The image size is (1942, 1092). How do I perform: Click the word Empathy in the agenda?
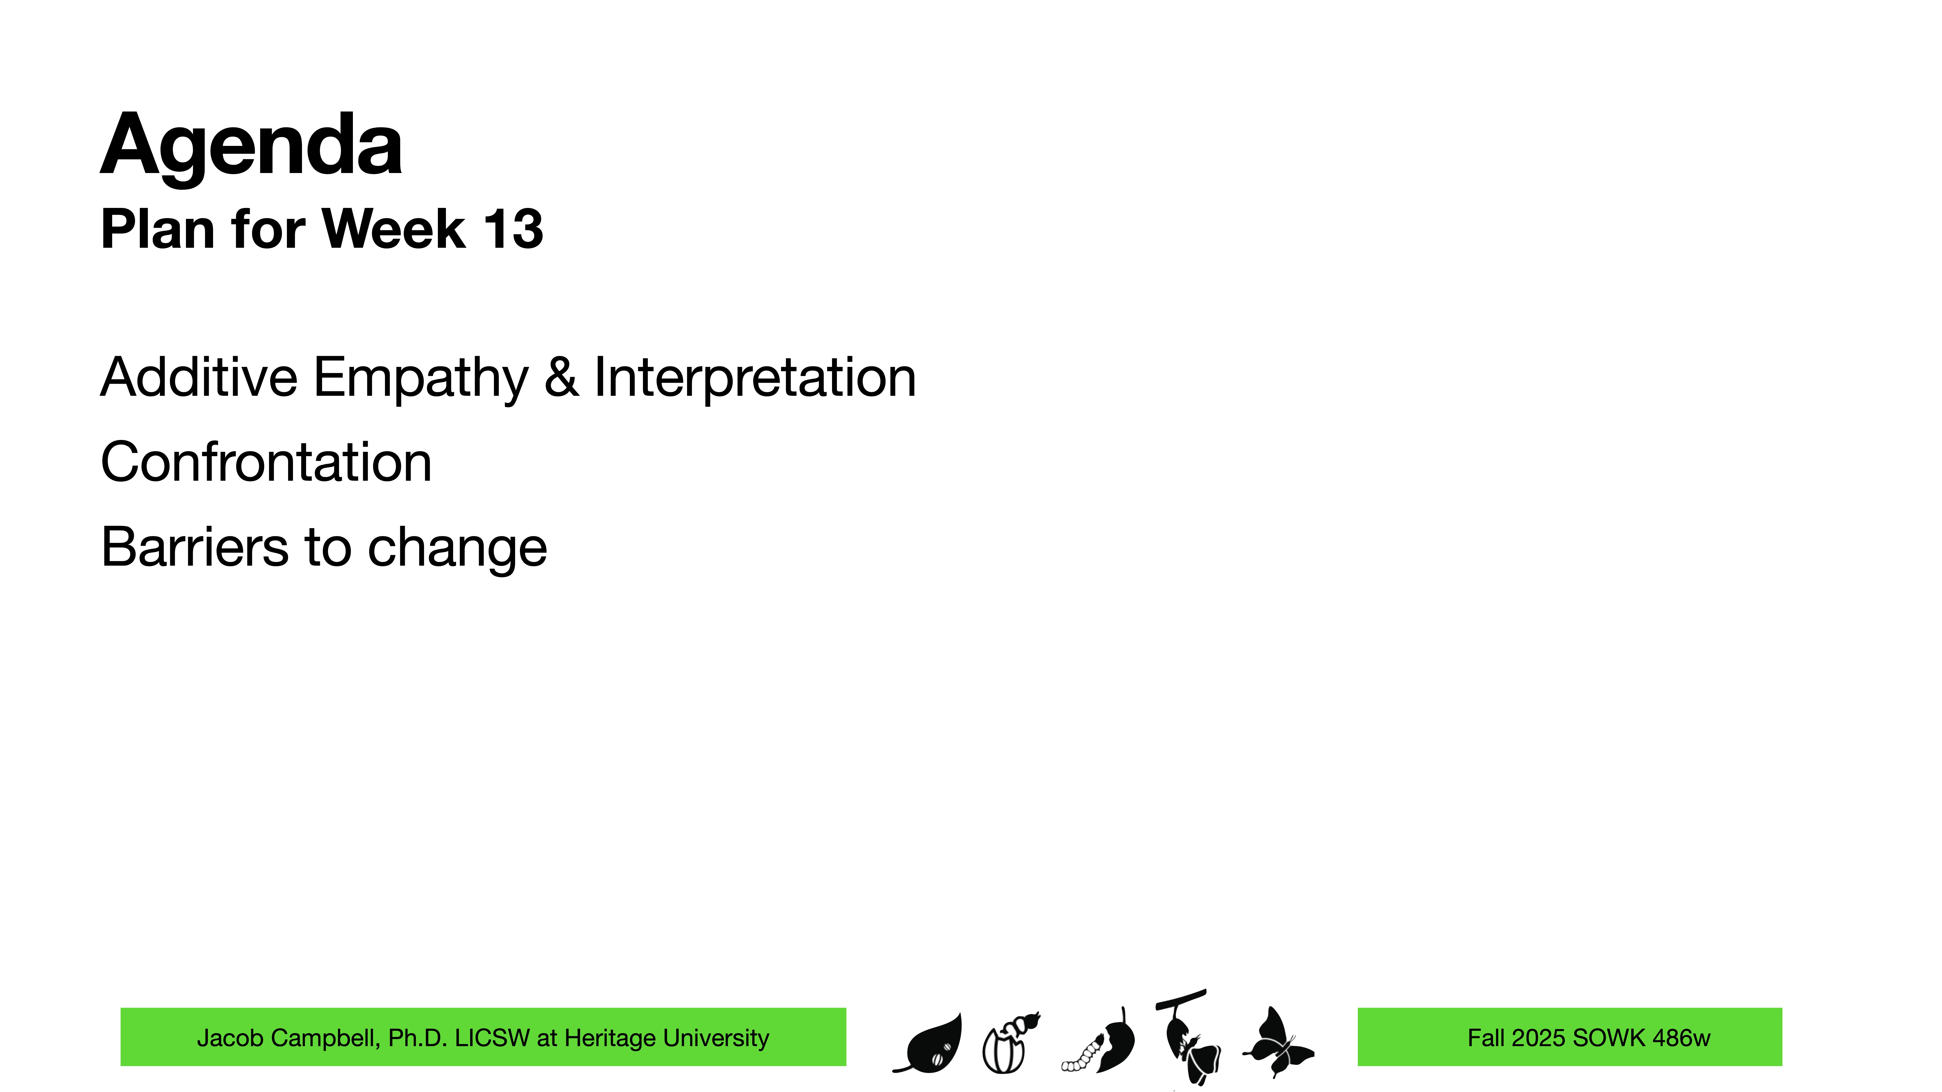click(x=421, y=378)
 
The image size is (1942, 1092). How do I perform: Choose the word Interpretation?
click(x=755, y=378)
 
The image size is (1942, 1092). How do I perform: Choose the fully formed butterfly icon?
click(x=1278, y=1042)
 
